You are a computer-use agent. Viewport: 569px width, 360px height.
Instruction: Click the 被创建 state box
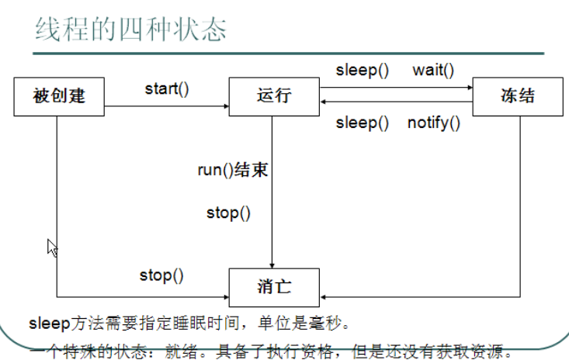59,96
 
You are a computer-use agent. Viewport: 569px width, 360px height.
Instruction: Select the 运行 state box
273,96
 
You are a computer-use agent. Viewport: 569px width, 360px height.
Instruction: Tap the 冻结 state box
519,96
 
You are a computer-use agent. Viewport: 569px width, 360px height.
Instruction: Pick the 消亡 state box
273,286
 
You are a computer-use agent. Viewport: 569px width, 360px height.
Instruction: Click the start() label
167,88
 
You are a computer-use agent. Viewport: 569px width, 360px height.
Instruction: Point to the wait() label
433,70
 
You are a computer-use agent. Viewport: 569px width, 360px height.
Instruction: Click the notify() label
434,123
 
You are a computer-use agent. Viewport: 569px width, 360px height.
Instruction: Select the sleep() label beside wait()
362,70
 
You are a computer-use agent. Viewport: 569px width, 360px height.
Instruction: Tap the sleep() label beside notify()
362,123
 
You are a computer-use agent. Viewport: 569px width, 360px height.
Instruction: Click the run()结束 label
233,170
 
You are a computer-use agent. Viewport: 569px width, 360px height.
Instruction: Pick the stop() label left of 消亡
161,274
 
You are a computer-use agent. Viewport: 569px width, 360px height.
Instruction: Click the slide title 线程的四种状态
131,29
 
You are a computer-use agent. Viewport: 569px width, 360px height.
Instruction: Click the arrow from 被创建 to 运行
167,106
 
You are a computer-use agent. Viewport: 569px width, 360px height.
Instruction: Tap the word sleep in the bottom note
43,321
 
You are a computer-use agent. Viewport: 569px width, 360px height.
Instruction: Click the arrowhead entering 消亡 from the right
324,296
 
